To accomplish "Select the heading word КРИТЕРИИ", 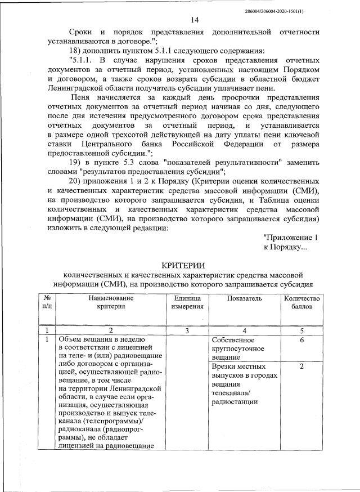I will point(183,265).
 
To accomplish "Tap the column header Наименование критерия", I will point(111,302).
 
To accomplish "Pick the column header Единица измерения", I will point(187,302).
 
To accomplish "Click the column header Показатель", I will point(244,298).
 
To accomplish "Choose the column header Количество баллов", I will point(301,302).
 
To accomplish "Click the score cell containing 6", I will point(302,341).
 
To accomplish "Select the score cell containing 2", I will point(302,366).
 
